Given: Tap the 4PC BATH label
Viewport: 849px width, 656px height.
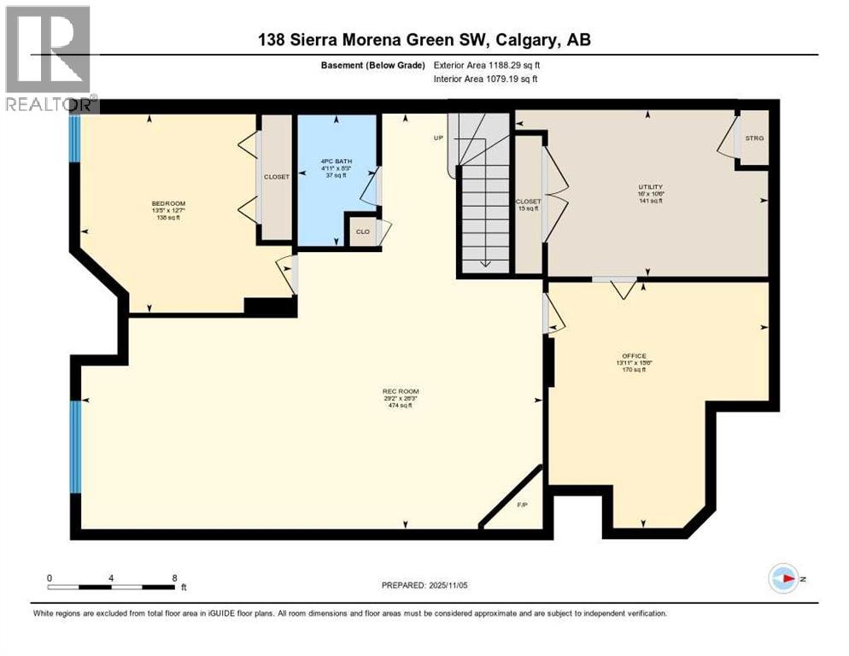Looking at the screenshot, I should point(337,161).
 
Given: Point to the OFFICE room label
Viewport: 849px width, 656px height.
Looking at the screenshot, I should point(634,355).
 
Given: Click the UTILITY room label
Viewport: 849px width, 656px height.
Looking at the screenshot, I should point(651,187).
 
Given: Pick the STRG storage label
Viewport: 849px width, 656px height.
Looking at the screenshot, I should point(754,138).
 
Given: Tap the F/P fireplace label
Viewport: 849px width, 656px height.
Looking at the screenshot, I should point(523,505).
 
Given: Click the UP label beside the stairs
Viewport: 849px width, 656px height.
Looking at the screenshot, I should point(439,137).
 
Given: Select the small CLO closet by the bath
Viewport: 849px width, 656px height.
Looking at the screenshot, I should point(362,231).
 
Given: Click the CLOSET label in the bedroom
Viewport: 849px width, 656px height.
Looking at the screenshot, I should point(276,177).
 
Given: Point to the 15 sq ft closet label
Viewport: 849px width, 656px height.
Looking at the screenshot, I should point(528,205).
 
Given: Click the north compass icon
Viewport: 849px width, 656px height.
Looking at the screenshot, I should point(783,578).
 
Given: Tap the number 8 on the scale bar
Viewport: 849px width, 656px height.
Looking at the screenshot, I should point(175,577).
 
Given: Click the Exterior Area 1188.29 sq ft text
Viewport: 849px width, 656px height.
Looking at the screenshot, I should point(487,65).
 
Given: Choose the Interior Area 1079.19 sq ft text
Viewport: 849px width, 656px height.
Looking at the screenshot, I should point(485,79).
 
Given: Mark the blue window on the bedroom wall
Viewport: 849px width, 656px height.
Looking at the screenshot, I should point(74,138).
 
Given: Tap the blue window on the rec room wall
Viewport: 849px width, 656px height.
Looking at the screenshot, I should point(75,447).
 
